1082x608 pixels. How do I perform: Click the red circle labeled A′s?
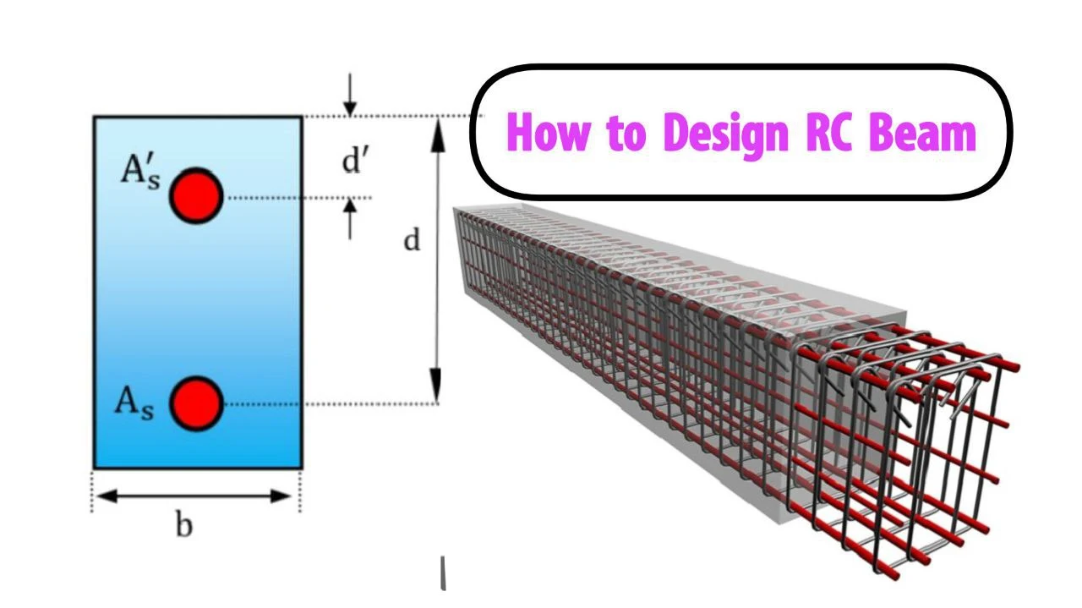click(195, 195)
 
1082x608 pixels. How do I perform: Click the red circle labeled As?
click(195, 403)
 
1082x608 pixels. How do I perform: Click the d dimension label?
click(411, 241)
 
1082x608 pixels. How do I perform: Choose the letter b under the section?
click(183, 525)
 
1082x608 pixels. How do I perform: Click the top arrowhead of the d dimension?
click(437, 128)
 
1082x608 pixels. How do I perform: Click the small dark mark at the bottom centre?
click(443, 572)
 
